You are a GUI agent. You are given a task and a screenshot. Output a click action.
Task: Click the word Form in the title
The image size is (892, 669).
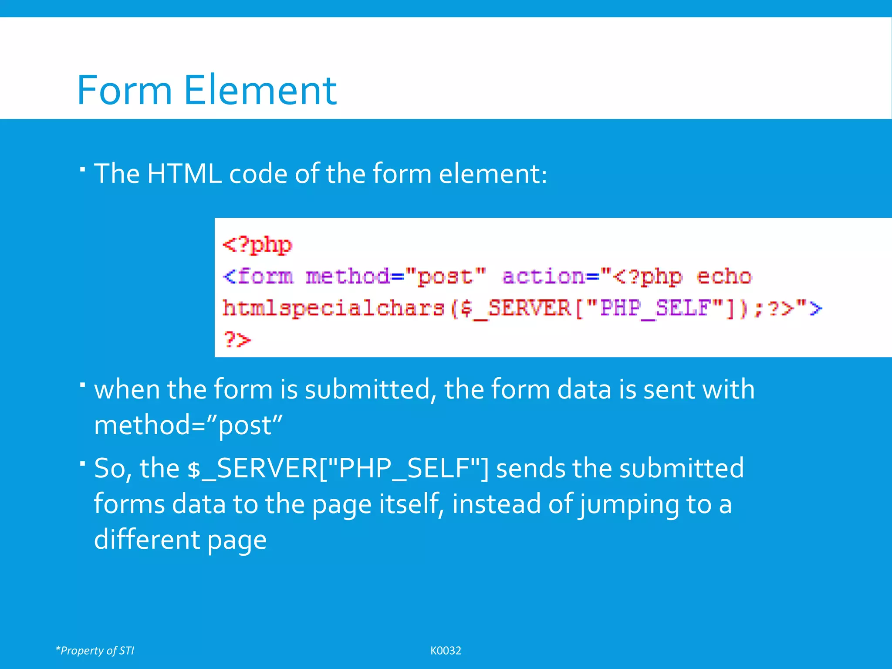tap(124, 90)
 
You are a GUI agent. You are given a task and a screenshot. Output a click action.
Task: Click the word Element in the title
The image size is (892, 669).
tap(260, 90)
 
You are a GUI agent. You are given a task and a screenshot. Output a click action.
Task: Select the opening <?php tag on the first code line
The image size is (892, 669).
tap(257, 245)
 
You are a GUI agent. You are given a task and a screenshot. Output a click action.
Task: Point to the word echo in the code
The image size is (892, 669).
tap(724, 277)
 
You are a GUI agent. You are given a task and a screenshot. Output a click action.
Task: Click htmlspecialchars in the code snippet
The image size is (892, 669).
tap(333, 308)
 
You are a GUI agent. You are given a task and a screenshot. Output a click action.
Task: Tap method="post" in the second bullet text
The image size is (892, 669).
tap(188, 425)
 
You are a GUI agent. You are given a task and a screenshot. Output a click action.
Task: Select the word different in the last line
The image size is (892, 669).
tap(147, 540)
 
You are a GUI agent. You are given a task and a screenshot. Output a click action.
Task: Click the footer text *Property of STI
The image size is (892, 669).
tap(95, 650)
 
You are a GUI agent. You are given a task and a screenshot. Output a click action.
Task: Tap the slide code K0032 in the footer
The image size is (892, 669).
tap(446, 650)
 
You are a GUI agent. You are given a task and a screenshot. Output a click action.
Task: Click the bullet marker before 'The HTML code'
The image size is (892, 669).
tap(82, 168)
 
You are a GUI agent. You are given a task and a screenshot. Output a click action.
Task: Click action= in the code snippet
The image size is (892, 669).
tap(551, 277)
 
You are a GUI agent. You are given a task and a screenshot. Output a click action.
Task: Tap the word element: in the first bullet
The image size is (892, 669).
tap(493, 174)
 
